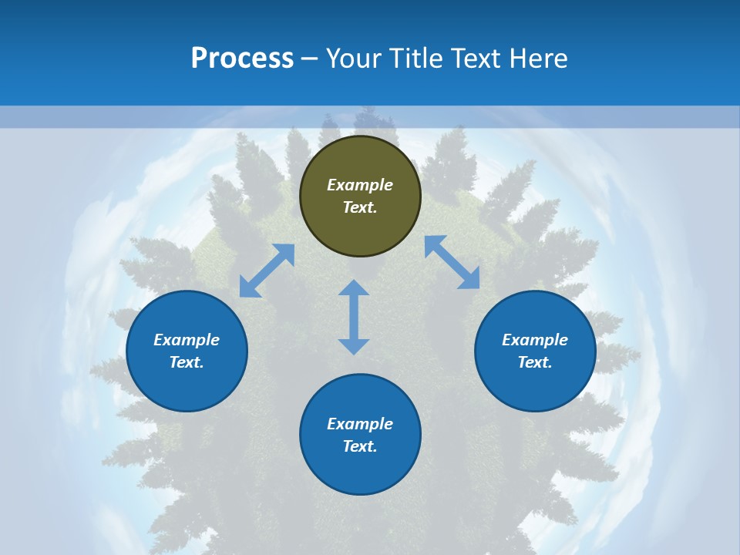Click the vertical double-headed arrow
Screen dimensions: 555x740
tap(354, 317)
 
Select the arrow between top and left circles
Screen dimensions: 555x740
tap(267, 271)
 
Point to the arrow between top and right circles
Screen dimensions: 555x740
tap(452, 262)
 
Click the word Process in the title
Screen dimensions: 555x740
tap(242, 58)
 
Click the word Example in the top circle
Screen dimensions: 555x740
tap(360, 185)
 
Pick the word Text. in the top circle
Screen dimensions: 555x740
tap(360, 207)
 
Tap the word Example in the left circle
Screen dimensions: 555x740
tap(187, 340)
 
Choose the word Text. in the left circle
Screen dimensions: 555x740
tap(187, 362)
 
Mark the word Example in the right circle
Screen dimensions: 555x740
tap(535, 340)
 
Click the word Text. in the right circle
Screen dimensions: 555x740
tap(535, 362)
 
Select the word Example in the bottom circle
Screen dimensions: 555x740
tap(360, 424)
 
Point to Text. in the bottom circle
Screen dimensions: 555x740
tap(360, 446)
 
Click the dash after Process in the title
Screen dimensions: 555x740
tap(309, 59)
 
